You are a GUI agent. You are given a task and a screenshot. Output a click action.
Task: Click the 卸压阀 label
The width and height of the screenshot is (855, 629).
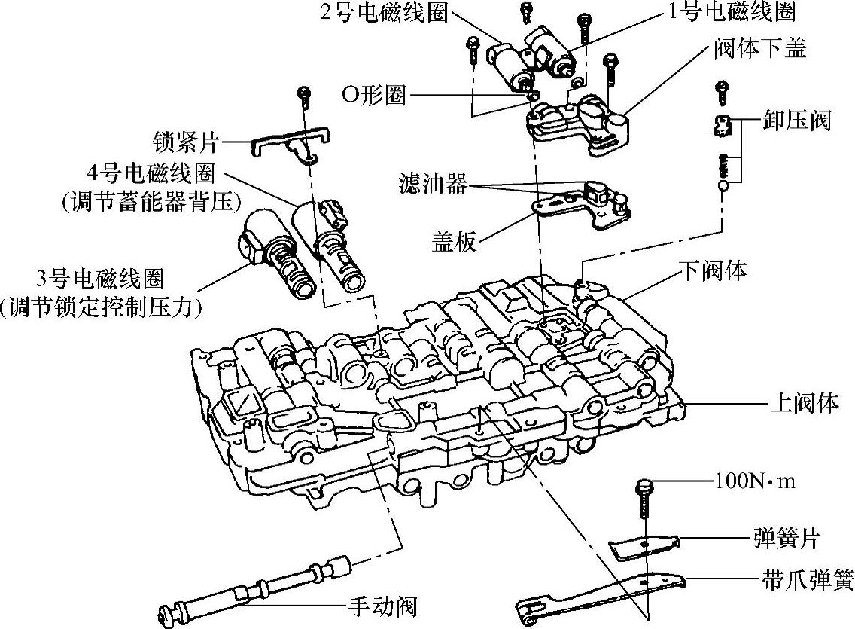coord(796,120)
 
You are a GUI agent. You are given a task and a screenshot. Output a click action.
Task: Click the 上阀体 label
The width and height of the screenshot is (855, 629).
coord(803,402)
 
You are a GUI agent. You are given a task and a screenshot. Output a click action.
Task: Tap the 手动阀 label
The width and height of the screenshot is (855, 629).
coord(382,606)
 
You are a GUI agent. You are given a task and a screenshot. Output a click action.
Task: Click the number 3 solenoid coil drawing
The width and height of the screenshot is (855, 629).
coord(271,252)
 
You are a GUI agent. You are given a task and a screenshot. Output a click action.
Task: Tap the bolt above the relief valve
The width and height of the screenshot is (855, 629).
coord(721,92)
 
